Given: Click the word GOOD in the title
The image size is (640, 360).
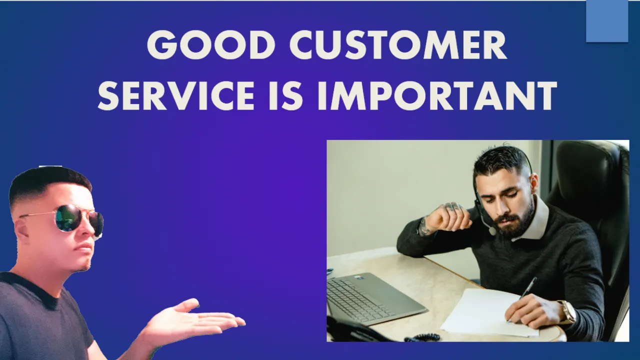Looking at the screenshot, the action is pyautogui.click(x=211, y=45).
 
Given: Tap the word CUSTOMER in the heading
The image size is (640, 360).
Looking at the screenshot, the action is pyautogui.click(x=398, y=45).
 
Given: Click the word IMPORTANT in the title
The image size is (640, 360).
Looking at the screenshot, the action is pyautogui.click(x=437, y=95).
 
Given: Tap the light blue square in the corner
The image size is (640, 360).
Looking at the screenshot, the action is pyautogui.click(x=607, y=21).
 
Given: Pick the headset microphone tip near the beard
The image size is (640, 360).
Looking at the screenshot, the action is pyautogui.click(x=492, y=230).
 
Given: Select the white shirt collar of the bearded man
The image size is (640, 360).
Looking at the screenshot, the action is pyautogui.click(x=532, y=220).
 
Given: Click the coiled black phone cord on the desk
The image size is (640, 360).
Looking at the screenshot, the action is pyautogui.click(x=422, y=337).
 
